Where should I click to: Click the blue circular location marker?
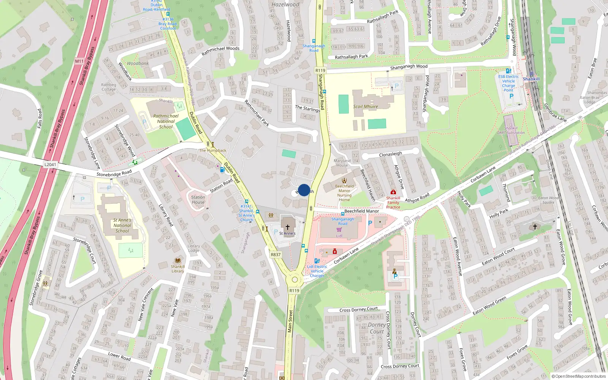[304, 190]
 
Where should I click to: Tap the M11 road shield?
[79, 61]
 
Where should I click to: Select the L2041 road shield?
[50, 165]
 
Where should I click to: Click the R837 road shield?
[276, 255]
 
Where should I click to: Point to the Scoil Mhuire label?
[366, 107]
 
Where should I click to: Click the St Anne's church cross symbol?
[288, 227]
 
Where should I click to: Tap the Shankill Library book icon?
[177, 261]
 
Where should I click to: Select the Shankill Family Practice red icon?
[393, 192]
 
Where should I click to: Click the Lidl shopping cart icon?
[339, 230]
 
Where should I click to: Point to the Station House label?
[198, 200]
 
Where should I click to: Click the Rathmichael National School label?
[166, 121]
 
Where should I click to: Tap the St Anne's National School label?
[122, 225]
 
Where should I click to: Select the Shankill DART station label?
[531, 79]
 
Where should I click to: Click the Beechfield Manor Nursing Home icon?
[344, 180]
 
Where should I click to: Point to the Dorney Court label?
[377, 328]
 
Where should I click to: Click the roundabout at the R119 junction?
[294, 280]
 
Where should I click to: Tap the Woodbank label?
[138, 63]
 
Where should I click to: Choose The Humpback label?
[213, 150]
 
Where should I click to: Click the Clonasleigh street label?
[390, 154]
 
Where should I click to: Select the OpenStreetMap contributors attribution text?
[580, 376]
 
